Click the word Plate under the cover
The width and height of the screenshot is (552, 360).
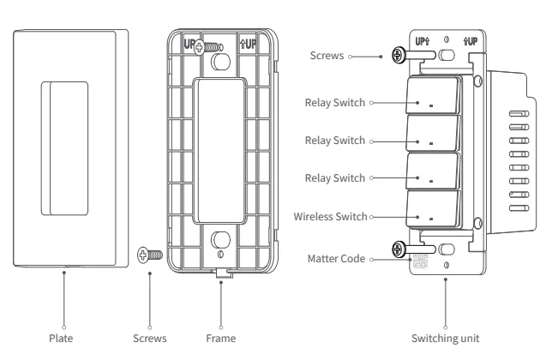(64, 339)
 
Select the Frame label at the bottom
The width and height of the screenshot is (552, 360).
(221, 339)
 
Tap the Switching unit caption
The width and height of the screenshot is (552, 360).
(447, 339)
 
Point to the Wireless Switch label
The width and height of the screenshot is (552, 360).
(329, 217)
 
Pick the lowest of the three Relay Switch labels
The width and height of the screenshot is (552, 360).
(334, 178)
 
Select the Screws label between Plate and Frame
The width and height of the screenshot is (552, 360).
(150, 339)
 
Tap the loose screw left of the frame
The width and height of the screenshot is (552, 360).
(148, 255)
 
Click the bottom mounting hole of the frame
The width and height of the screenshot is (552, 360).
(221, 240)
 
